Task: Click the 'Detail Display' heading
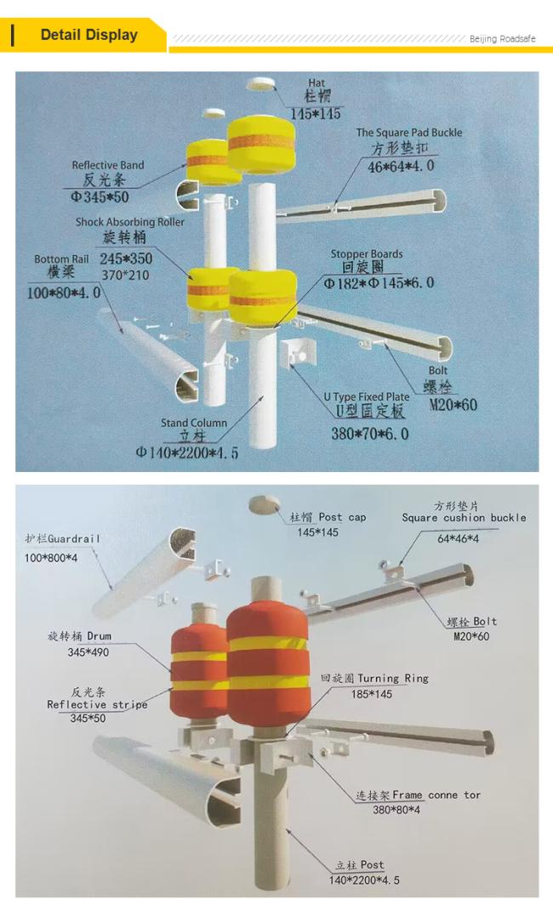point(88,35)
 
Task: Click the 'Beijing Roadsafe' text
point(502,39)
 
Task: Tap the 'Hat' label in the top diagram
point(316,83)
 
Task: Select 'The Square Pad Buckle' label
point(409,133)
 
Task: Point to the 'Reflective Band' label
point(108,165)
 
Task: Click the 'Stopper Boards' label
point(367,253)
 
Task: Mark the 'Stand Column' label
point(194,422)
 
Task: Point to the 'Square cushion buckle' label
point(464,517)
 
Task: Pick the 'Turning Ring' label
point(392,679)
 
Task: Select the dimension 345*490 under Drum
point(88,652)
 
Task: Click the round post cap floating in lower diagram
point(264,505)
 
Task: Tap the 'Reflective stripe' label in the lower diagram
point(97,704)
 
